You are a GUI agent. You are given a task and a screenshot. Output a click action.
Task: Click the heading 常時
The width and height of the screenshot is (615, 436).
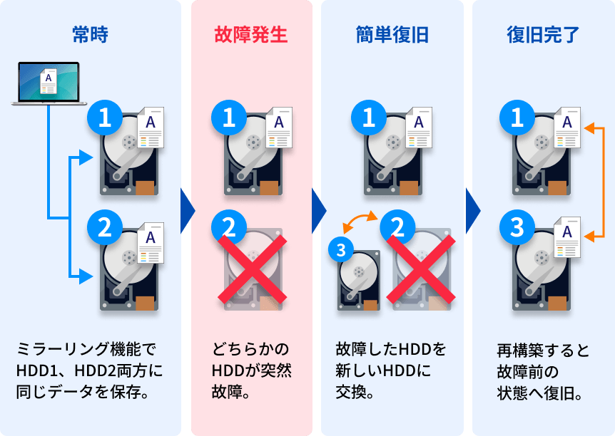[x=90, y=33]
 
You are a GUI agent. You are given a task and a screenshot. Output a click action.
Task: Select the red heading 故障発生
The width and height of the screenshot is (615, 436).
[x=250, y=33]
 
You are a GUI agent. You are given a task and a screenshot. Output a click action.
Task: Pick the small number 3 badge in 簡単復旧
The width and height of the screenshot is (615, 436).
[x=341, y=249]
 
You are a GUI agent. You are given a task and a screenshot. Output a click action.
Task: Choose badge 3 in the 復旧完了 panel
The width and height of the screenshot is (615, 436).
[x=518, y=228]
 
